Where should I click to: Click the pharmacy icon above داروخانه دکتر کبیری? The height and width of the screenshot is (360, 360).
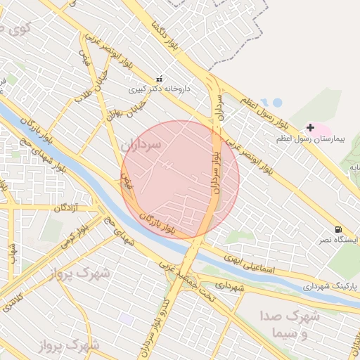coord(159,79)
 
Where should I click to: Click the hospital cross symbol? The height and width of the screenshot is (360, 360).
coord(310,127)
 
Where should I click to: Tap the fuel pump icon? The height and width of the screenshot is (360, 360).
coord(340,230)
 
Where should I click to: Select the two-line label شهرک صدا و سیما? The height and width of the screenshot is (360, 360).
coord(289,325)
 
